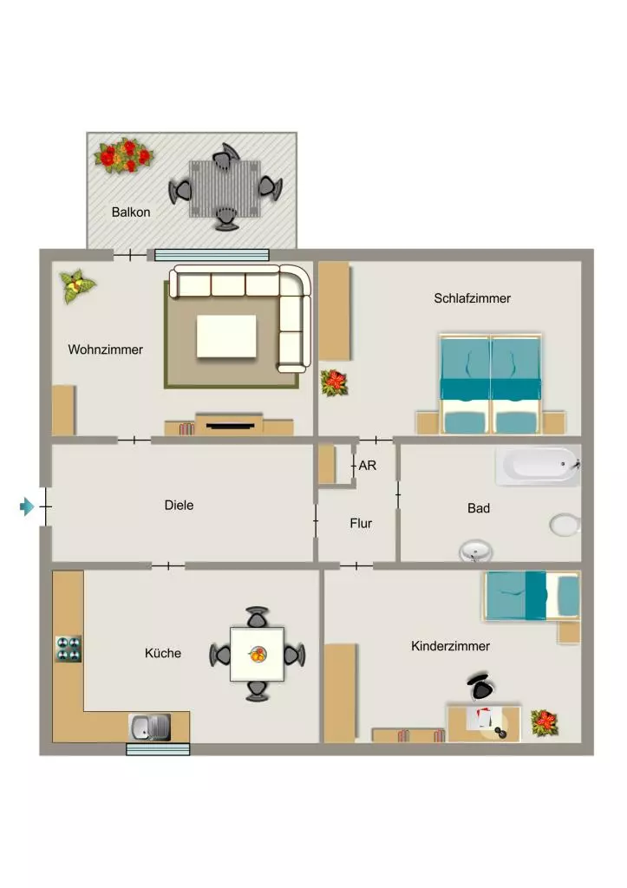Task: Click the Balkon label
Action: pyautogui.click(x=131, y=212)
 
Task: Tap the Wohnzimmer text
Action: pyautogui.click(x=105, y=349)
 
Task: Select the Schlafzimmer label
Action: pyautogui.click(x=473, y=298)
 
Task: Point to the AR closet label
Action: pyautogui.click(x=368, y=466)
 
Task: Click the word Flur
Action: pyautogui.click(x=361, y=523)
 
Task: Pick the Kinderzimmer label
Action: pyautogui.click(x=450, y=646)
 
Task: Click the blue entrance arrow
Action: pyautogui.click(x=27, y=506)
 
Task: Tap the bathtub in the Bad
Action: pyautogui.click(x=538, y=467)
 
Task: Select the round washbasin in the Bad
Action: pyautogui.click(x=475, y=551)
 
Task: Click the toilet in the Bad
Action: pyautogui.click(x=565, y=525)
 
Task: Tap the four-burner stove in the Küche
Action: pyautogui.click(x=69, y=649)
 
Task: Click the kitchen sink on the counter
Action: pyautogui.click(x=149, y=728)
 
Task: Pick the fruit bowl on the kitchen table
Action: pyautogui.click(x=258, y=654)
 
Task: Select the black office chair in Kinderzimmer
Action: pyautogui.click(x=480, y=688)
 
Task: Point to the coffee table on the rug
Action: pyautogui.click(x=226, y=336)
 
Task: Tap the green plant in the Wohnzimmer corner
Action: pyautogui.click(x=77, y=285)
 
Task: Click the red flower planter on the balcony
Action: pyautogui.click(x=124, y=154)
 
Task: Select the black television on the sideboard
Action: pyautogui.click(x=230, y=425)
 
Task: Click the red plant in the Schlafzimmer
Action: pyautogui.click(x=334, y=382)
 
